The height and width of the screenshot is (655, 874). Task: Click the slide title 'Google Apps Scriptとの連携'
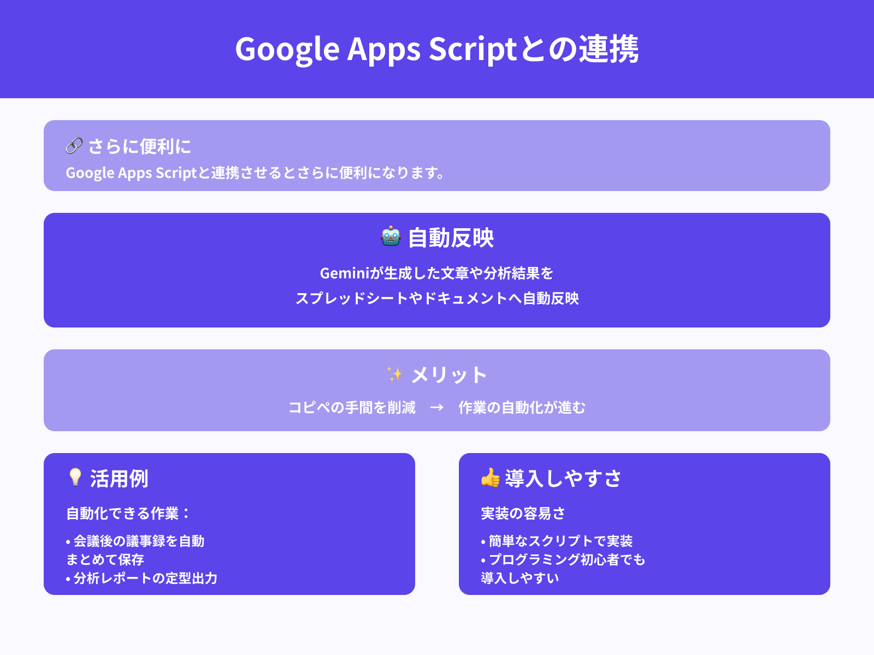point(437,49)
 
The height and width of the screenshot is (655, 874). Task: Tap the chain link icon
point(74,146)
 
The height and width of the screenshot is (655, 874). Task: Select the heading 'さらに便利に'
point(139,146)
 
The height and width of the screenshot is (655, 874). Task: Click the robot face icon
point(391,236)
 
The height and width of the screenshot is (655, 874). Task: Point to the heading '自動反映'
point(451,238)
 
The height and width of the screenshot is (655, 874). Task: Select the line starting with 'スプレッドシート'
point(437,298)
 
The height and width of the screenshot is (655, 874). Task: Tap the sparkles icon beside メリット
point(394,374)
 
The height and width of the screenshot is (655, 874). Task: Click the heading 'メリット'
point(448,375)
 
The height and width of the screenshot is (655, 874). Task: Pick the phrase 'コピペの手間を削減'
point(352,407)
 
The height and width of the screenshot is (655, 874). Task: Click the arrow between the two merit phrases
point(436,407)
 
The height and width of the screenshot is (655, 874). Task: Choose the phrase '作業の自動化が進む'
point(522,407)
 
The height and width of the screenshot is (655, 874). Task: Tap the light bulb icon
point(75,477)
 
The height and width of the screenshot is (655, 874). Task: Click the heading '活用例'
point(119,479)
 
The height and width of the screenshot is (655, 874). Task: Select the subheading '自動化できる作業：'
point(128,513)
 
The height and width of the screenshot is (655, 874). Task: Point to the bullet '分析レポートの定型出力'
point(145,578)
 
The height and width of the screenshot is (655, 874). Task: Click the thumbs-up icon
point(490,478)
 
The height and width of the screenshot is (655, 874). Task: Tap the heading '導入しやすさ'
point(563,478)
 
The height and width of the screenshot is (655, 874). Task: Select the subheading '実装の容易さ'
point(523,513)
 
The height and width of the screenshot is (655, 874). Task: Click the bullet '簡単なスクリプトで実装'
point(560,541)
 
